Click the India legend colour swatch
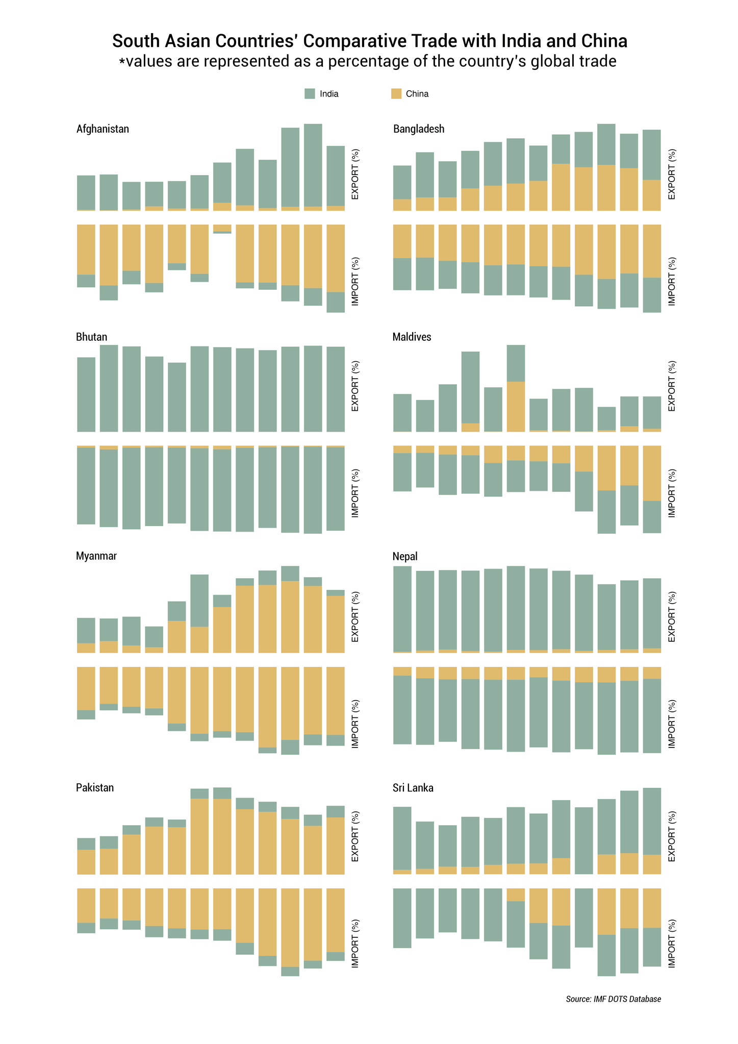(310, 93)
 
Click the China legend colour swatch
(396, 93)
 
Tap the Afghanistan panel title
(103, 129)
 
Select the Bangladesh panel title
(419, 129)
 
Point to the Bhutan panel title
(91, 337)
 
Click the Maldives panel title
(412, 337)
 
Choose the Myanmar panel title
(96, 556)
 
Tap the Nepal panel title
(405, 556)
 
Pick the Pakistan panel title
(95, 787)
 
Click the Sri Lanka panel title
(413, 788)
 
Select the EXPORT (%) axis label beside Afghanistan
(355, 174)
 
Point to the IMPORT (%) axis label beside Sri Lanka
(672, 943)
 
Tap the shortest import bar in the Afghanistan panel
(222, 229)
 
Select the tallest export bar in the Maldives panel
(516, 388)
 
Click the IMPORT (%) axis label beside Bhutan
(355, 493)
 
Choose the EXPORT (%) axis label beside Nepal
(672, 616)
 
